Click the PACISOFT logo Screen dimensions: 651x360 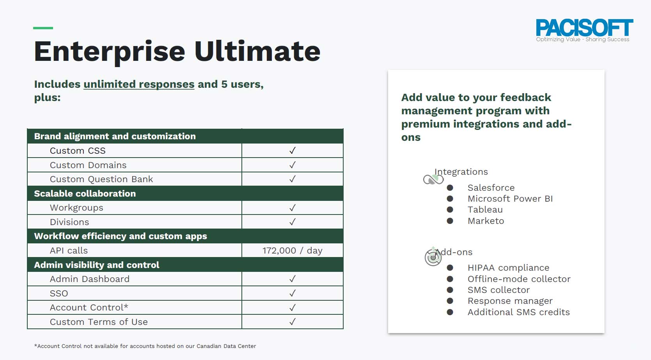[584, 30]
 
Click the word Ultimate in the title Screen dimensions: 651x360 [257, 51]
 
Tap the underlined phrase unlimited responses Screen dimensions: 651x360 [139, 84]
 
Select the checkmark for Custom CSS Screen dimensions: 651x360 [293, 151]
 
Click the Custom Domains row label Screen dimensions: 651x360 [88, 165]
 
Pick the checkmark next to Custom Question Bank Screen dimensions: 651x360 [293, 179]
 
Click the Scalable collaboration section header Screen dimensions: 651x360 [85, 193]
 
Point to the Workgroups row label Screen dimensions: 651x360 [76, 208]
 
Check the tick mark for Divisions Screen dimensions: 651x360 [293, 222]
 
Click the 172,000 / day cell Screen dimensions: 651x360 [293, 250]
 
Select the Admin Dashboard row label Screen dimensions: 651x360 [89, 279]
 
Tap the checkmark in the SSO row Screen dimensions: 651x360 [293, 293]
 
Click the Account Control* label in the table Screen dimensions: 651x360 [89, 307]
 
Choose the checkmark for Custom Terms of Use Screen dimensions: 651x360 [293, 322]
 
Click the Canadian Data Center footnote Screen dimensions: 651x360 [145, 346]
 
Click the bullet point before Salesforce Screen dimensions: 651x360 [450, 188]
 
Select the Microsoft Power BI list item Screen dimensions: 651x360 [510, 199]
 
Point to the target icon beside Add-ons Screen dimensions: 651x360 [433, 257]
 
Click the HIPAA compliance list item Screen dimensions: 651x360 [508, 268]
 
